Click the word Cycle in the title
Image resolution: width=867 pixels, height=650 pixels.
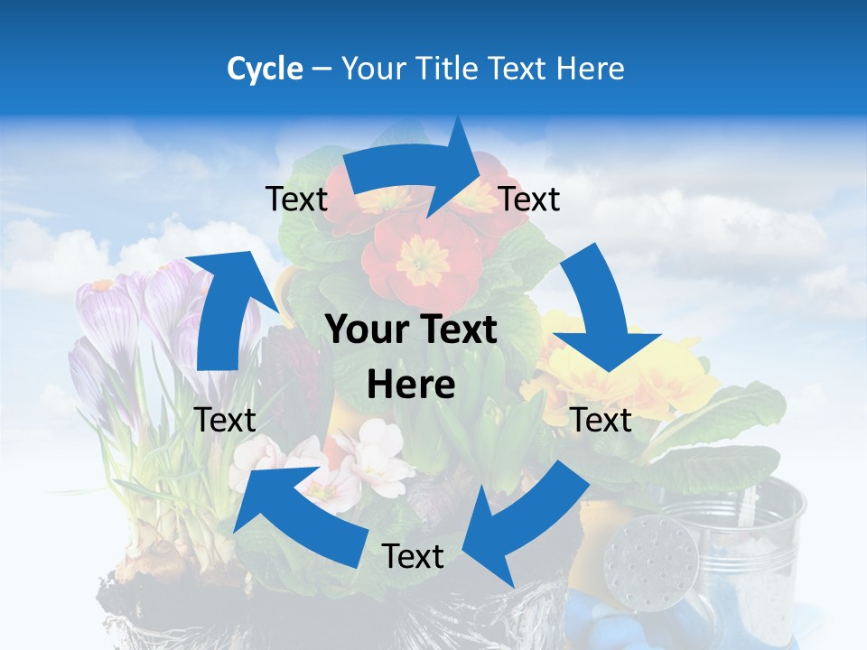tap(265, 69)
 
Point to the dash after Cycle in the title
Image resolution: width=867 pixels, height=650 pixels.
tap(322, 70)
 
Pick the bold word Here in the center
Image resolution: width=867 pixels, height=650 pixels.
tap(411, 385)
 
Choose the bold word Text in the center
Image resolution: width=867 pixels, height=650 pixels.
tap(457, 330)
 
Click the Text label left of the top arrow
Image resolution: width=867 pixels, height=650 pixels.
tap(297, 200)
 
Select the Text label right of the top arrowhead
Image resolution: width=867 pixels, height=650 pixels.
tap(529, 199)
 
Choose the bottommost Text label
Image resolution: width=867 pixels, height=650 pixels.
tap(413, 556)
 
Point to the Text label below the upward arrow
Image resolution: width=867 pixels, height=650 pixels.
tap(225, 420)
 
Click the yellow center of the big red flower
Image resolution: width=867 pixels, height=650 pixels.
tap(422, 261)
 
